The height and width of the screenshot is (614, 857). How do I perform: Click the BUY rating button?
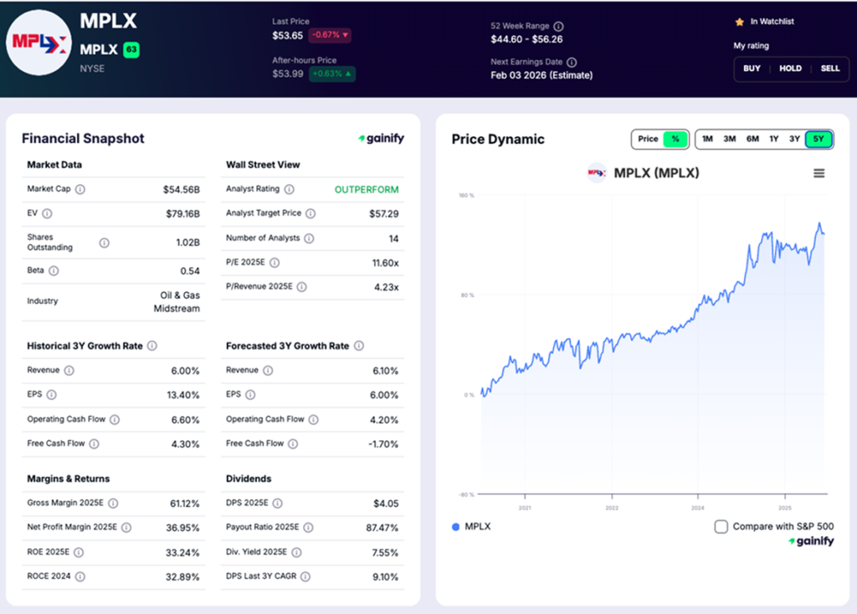[x=752, y=69]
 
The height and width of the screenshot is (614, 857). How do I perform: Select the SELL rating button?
[x=829, y=69]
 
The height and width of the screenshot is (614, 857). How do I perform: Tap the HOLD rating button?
[x=790, y=69]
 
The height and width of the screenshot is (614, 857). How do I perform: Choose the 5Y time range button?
[x=819, y=139]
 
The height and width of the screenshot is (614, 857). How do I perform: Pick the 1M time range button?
[x=708, y=139]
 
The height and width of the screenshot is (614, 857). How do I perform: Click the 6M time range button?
[x=752, y=139]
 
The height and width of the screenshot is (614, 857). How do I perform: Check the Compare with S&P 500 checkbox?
[x=721, y=527]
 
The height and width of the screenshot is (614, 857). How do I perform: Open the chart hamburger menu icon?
[x=819, y=173]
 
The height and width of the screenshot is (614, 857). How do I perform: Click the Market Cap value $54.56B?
[x=182, y=190]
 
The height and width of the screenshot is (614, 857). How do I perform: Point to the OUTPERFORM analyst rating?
[x=367, y=190]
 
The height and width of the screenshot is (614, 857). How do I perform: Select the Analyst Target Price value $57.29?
[x=383, y=214]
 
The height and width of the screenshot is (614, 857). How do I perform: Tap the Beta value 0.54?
[x=190, y=271]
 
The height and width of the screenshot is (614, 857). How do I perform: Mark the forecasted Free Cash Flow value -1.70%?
[x=383, y=444]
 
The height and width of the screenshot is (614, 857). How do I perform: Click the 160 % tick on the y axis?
[x=466, y=196]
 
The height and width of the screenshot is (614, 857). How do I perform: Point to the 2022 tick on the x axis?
[x=612, y=508]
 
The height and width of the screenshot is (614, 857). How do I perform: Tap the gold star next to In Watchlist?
[x=739, y=22]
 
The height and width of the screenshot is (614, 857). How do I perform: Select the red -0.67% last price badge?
[x=330, y=35]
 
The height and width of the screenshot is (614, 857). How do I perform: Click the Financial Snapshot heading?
[x=83, y=139]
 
